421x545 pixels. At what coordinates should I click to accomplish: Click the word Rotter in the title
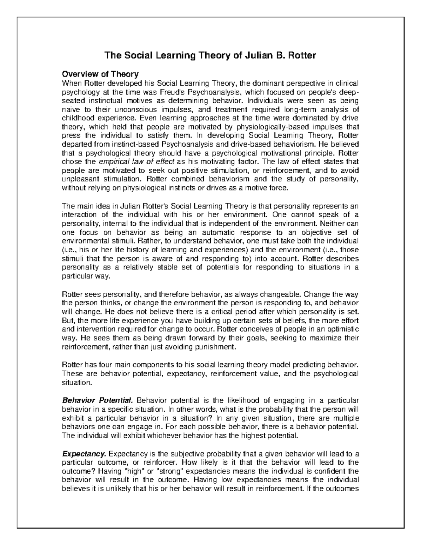coord(301,55)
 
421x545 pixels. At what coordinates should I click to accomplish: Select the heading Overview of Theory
coord(100,74)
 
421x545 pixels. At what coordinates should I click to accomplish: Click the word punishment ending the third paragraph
coord(215,347)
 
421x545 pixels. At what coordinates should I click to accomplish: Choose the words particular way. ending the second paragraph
coord(86,276)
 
